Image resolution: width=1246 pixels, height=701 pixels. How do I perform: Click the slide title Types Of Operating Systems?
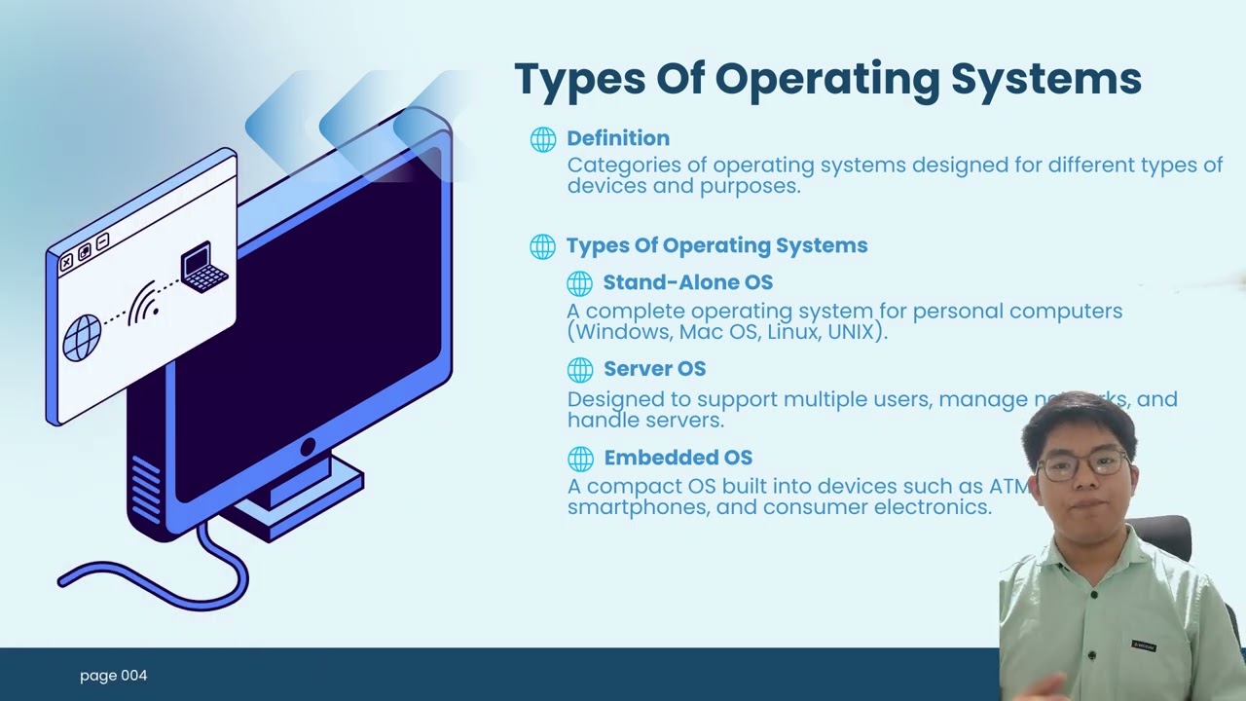tap(827, 79)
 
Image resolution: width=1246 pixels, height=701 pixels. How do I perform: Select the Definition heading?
tap(618, 138)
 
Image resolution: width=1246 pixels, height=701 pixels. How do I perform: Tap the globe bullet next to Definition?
tap(543, 139)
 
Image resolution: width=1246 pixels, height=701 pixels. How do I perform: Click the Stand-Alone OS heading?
tap(687, 282)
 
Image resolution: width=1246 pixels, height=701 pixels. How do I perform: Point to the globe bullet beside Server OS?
tap(580, 370)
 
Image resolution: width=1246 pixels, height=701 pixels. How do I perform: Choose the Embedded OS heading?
tap(678, 458)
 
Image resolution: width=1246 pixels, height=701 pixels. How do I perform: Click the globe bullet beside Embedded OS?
tap(580, 459)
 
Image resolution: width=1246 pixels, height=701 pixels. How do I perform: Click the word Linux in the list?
tap(792, 332)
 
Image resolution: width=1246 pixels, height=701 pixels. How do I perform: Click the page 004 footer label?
tap(113, 676)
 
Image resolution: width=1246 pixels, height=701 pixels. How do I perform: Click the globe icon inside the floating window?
tap(83, 338)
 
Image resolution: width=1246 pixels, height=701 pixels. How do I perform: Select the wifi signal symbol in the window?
tap(144, 303)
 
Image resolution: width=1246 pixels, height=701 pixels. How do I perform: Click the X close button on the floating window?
tap(66, 263)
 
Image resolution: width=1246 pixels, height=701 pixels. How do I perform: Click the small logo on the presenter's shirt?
tap(1143, 645)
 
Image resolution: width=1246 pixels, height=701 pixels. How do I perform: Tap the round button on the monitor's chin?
tap(308, 448)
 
